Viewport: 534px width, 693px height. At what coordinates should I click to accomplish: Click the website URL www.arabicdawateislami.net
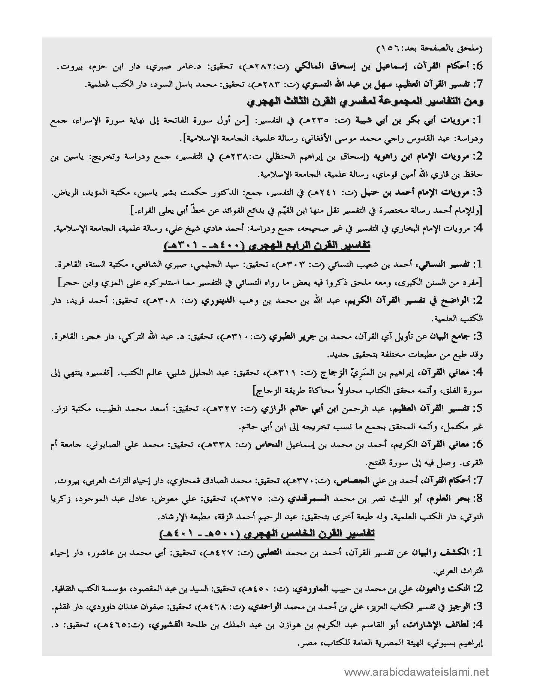[416, 672]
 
